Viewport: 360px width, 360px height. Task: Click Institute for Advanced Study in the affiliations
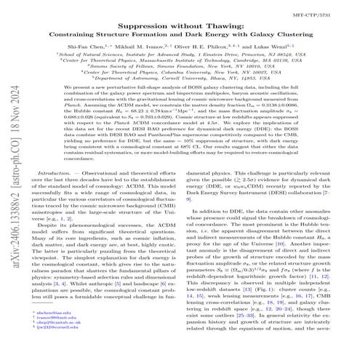point(165,55)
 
